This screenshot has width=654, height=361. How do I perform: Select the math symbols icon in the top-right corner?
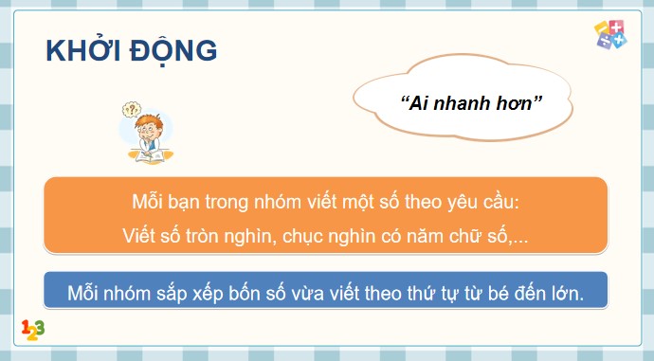pyautogui.click(x=609, y=36)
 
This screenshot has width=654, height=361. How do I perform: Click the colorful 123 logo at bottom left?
pyautogui.click(x=32, y=330)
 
